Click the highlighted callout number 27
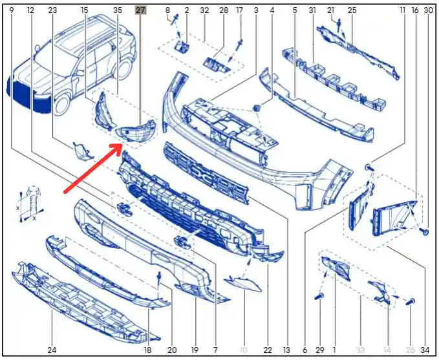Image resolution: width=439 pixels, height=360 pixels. coord(140,10)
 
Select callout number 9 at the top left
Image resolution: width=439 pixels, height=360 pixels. coord(12,10)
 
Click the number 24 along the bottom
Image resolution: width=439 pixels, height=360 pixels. coord(52,350)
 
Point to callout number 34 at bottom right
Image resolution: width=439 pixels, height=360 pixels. coord(425,350)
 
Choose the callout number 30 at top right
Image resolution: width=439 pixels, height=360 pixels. coord(429,10)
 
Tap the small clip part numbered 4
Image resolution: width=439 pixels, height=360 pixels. coord(257,107)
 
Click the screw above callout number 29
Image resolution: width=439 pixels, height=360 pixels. coord(319,296)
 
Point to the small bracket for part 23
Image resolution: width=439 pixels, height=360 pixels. coord(81,151)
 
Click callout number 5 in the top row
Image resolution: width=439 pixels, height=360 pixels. coord(295,10)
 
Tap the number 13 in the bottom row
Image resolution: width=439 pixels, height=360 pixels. coord(286,350)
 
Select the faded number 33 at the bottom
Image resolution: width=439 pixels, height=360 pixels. coord(361,350)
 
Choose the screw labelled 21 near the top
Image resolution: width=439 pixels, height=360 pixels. coord(339,25)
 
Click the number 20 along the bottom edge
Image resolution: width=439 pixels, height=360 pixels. coord(172,350)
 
